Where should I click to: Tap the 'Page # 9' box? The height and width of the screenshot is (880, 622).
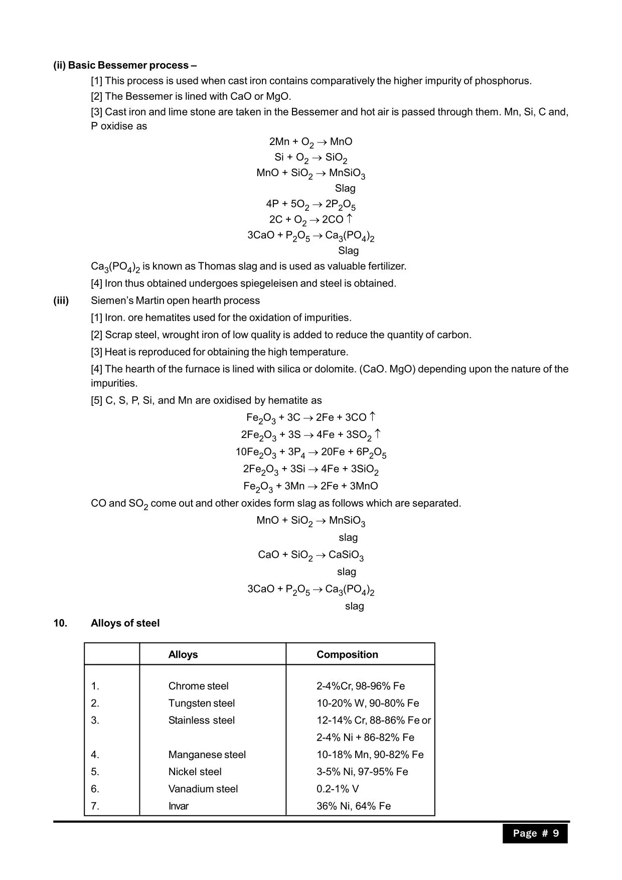tap(535, 833)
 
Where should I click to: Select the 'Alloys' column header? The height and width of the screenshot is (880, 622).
tap(183, 654)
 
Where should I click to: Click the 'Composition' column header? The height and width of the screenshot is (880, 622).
tap(347, 654)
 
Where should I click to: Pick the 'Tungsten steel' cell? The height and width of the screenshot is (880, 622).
tap(202, 703)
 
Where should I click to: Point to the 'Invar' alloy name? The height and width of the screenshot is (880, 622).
tap(179, 806)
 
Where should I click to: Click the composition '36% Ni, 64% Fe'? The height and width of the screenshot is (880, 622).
tap(354, 806)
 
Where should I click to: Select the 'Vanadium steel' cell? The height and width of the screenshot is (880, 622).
tap(203, 789)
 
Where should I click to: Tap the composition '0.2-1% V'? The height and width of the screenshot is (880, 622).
tap(338, 789)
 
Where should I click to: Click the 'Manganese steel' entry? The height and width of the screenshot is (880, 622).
tap(207, 755)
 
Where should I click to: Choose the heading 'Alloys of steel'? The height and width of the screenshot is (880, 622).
tap(125, 623)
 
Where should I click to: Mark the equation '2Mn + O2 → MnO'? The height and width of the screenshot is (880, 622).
tap(310, 142)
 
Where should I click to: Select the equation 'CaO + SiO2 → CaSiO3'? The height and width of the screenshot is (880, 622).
tap(310, 555)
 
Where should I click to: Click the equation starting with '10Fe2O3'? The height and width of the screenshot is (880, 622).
tap(310, 452)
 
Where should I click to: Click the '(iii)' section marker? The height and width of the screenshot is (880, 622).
tap(61, 301)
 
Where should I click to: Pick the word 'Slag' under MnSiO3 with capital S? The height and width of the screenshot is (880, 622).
tap(345, 188)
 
